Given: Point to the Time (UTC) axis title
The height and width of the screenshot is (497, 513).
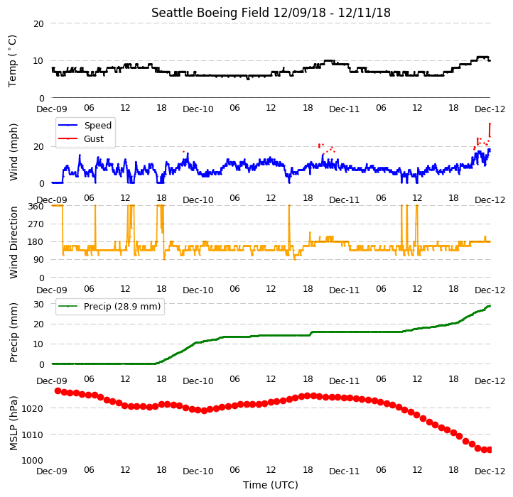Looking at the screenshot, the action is point(271,485).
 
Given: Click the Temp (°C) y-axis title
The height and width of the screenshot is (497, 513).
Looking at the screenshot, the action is point(12,61).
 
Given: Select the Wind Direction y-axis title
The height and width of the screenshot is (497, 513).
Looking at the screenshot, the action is point(13,242).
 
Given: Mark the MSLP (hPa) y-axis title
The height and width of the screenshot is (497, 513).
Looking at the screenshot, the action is point(13,423).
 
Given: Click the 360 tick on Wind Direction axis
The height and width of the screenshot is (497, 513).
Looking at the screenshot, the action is point(36,207).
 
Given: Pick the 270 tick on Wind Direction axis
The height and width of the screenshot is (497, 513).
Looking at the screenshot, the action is point(36,224).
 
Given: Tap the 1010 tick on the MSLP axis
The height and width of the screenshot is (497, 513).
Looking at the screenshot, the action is point(33,435).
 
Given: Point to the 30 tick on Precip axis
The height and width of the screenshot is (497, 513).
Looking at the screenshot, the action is point(38,305).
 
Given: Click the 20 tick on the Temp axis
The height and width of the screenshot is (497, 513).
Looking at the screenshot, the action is point(38,24).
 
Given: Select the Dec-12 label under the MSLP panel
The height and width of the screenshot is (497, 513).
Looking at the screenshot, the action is point(490,471).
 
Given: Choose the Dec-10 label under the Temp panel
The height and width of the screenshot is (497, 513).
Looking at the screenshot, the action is point(198,109).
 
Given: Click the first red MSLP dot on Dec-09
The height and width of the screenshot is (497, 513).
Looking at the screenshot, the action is point(58,390).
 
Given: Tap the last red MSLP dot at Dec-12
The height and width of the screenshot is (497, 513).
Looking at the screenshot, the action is point(490,450).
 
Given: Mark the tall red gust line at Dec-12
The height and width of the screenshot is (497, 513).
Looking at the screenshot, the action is point(490,130).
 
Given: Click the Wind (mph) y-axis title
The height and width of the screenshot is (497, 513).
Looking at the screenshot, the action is point(13,152).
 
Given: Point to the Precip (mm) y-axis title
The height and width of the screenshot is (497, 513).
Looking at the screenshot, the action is point(13,333).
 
